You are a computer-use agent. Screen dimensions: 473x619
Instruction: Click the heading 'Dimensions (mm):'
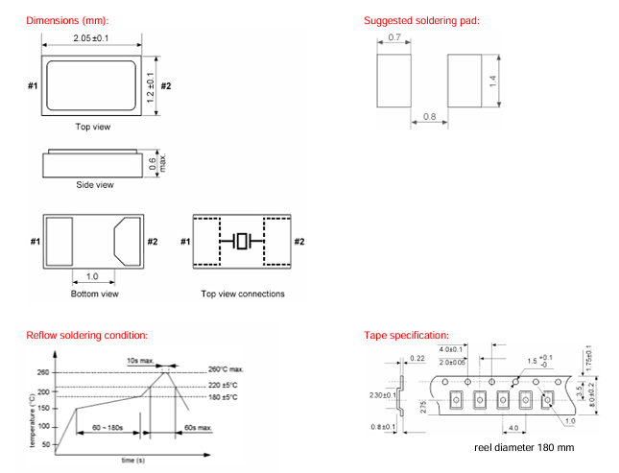coord(68,21)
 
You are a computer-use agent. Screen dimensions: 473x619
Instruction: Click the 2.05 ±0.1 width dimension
coord(94,37)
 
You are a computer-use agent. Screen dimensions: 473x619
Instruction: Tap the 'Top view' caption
coord(94,127)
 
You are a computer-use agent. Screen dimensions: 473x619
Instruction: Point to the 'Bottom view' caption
coord(95,295)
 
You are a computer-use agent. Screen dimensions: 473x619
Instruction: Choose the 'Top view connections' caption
coord(242,295)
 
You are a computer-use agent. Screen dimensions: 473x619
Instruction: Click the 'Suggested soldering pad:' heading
coord(421,21)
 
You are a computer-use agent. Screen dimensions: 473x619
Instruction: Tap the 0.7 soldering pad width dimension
coord(394,38)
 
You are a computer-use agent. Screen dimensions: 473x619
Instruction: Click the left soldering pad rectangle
coord(394,80)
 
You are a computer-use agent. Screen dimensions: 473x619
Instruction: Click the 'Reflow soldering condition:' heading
coord(87,335)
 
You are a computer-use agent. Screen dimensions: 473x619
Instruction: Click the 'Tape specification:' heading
coord(407,335)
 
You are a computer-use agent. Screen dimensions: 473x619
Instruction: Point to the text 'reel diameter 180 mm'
coord(524,448)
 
